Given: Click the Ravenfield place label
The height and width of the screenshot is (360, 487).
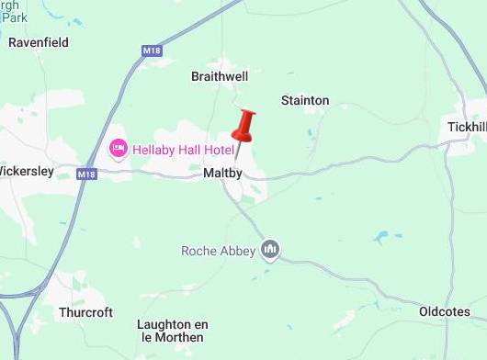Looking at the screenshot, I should [x=39, y=42].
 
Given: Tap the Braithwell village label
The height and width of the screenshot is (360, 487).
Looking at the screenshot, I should [x=219, y=76].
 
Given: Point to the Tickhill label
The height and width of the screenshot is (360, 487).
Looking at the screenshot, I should [x=466, y=126].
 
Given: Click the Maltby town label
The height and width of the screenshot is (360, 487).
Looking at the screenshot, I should [x=222, y=173].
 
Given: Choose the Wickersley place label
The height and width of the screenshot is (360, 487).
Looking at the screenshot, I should [x=28, y=171].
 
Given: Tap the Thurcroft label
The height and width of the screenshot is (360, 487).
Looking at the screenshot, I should [x=85, y=312].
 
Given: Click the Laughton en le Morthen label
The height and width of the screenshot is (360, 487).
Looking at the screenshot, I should [x=170, y=331].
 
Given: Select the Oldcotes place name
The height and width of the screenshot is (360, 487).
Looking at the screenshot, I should [x=445, y=312].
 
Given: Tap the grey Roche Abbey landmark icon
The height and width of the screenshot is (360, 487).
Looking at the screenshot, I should [x=270, y=249].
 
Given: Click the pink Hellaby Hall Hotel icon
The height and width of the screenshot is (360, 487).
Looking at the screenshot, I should [x=118, y=148].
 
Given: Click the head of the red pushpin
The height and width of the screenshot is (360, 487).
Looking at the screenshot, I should [x=244, y=125].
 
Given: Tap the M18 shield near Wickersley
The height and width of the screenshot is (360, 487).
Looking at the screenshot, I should [x=86, y=174].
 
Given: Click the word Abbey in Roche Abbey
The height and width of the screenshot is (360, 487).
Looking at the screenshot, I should [x=238, y=250].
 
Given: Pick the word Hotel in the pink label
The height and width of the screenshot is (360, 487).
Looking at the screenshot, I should [x=217, y=148].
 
